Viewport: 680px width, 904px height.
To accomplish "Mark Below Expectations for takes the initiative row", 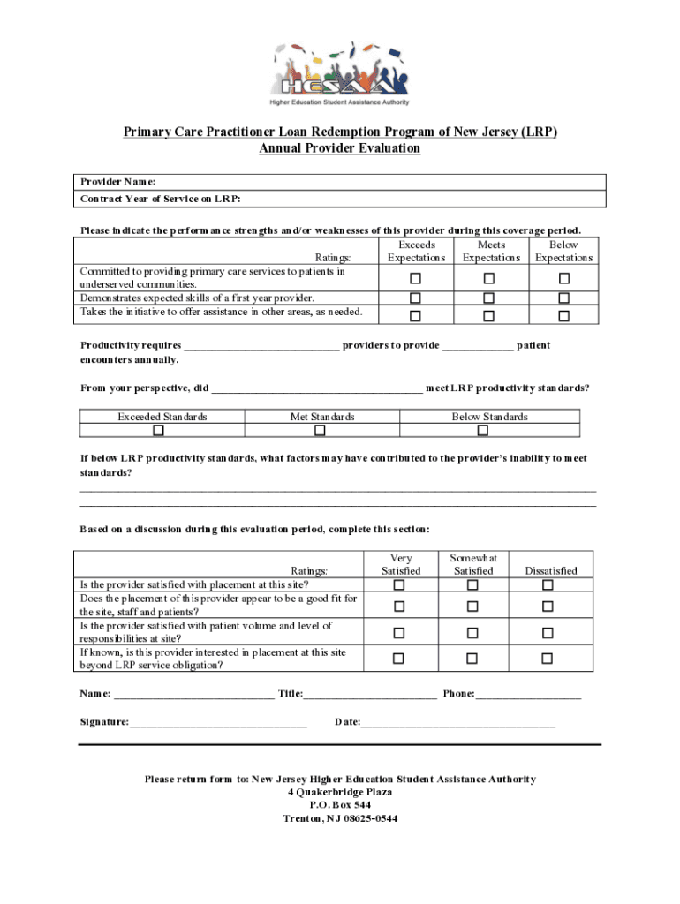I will (564, 315).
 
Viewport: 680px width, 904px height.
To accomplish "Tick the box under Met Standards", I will (320, 431).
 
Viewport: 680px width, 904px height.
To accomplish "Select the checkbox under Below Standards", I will (482, 431).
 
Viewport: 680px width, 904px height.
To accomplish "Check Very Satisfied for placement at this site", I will (399, 585).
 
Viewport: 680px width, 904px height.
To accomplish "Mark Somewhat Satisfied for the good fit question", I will (472, 606).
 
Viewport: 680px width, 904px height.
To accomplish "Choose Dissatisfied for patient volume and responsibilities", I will (548, 633).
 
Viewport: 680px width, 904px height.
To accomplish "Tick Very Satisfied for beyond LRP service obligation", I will (399, 659).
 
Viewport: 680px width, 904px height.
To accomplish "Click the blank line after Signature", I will (218, 723).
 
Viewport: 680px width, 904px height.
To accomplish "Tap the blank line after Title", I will (369, 695).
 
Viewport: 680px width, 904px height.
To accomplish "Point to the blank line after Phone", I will (528, 695).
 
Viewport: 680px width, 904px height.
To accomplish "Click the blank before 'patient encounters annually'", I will (477, 346).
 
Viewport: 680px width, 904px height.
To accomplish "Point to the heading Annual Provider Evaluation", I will (340, 148).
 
